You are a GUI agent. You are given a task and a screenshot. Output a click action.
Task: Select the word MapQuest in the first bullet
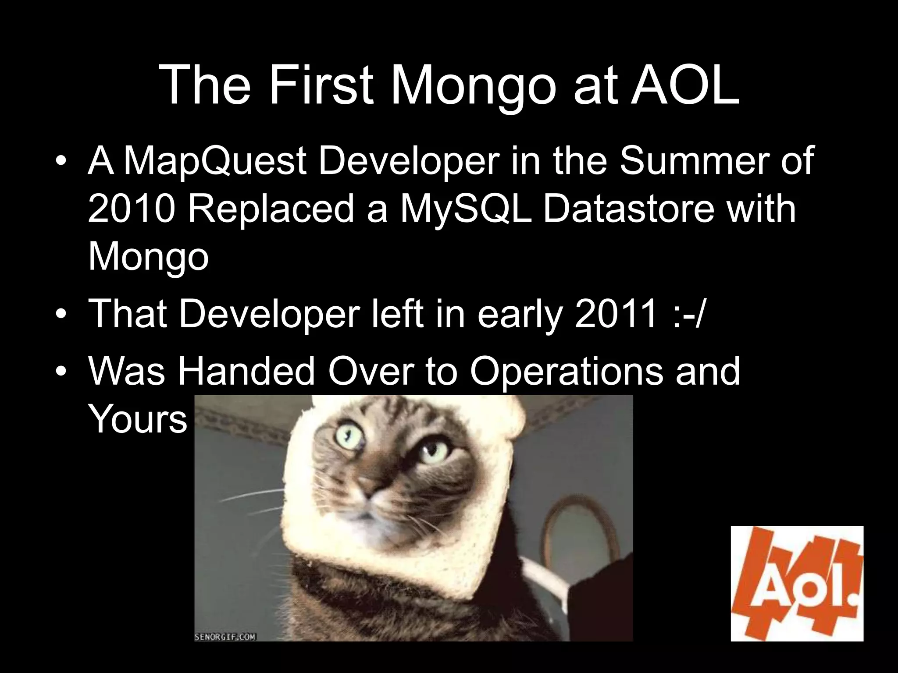click(215, 161)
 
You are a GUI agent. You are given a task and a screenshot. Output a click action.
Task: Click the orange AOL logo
click(797, 583)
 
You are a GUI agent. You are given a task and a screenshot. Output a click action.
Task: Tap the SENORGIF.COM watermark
click(225, 637)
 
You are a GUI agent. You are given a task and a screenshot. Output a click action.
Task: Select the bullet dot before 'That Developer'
click(62, 315)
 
